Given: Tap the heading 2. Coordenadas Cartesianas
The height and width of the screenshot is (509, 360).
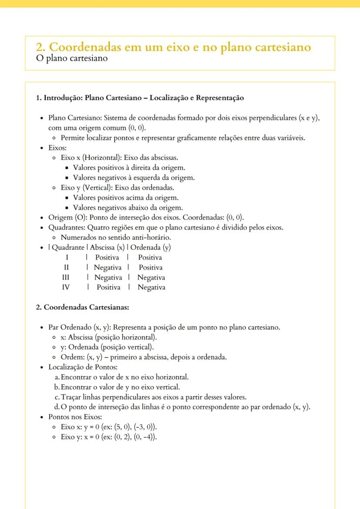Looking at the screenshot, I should (82, 307).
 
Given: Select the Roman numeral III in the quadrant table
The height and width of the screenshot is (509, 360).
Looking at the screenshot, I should (67, 277).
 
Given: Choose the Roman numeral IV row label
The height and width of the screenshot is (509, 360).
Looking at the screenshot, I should (67, 287).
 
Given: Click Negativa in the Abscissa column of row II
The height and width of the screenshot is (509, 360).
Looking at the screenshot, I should (108, 267).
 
